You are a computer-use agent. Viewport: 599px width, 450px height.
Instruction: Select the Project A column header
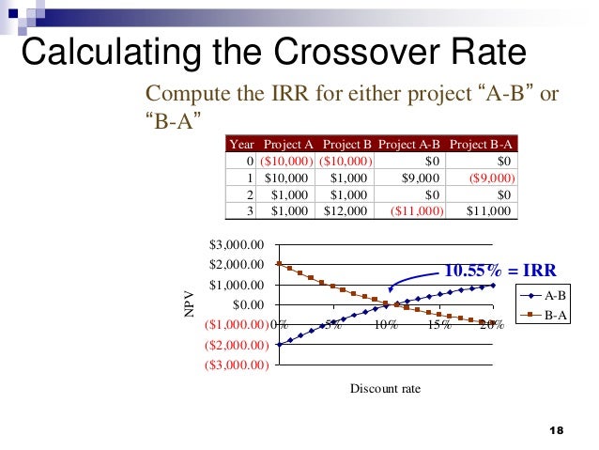(x=288, y=145)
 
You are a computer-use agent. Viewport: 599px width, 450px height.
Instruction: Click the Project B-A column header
(x=481, y=145)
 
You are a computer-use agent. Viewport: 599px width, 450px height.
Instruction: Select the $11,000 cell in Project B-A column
(x=490, y=211)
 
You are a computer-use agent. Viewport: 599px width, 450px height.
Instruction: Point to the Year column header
(x=242, y=145)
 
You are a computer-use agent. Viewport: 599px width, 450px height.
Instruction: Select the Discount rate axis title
(x=385, y=387)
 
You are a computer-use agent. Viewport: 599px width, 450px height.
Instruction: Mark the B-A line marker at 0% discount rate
(x=279, y=264)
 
